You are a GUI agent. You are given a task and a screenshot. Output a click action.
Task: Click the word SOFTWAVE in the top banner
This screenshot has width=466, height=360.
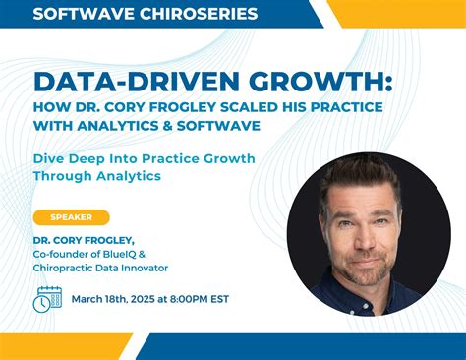79,14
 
